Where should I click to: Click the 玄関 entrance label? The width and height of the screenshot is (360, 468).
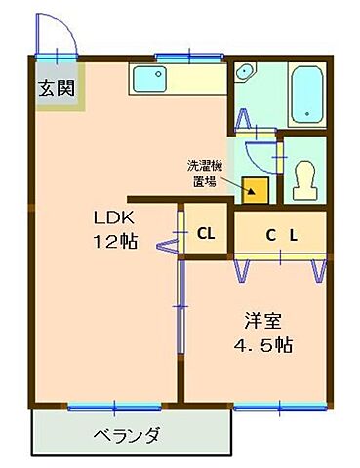[55, 85]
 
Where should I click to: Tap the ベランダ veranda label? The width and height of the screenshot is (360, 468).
[127, 435]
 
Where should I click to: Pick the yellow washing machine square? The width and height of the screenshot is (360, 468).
[257, 188]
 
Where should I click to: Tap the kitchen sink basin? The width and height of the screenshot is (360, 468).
[149, 79]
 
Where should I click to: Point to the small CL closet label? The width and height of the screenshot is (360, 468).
[206, 233]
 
